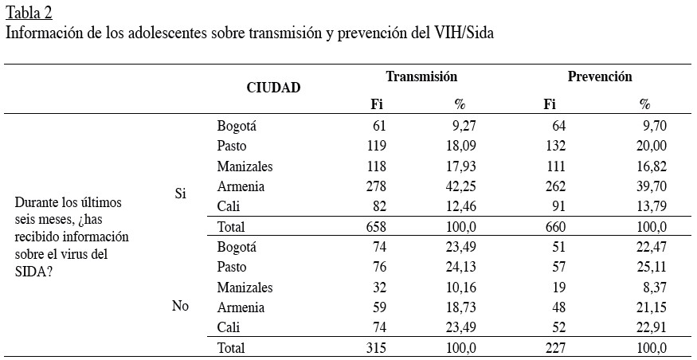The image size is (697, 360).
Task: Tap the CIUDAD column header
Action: tap(273, 88)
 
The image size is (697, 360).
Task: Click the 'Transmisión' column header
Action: tap(421, 76)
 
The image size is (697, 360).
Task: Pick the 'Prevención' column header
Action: tap(600, 76)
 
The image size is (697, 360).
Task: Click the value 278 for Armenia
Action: tap(375, 186)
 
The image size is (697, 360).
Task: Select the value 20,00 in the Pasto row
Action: tap(650, 146)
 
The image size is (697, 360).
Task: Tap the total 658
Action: tap(375, 228)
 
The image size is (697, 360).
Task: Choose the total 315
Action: tap(375, 347)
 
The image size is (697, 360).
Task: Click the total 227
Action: tap(554, 347)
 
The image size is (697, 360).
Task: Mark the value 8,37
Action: tap(653, 287)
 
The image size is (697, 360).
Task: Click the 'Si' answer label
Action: tap(180, 194)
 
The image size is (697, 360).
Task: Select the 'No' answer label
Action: tap(180, 307)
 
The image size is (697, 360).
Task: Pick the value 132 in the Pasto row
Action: tap(554, 146)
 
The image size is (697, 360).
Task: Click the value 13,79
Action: tap(650, 207)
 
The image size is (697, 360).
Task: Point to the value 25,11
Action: tap(650, 267)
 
